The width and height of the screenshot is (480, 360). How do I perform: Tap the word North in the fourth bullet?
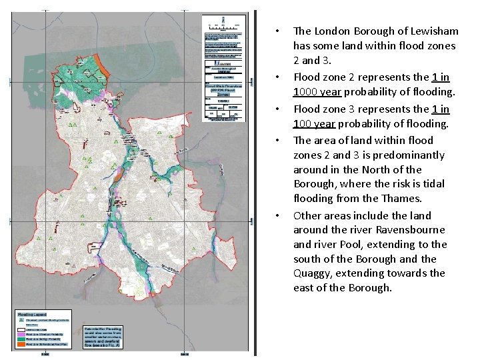[375, 169]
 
